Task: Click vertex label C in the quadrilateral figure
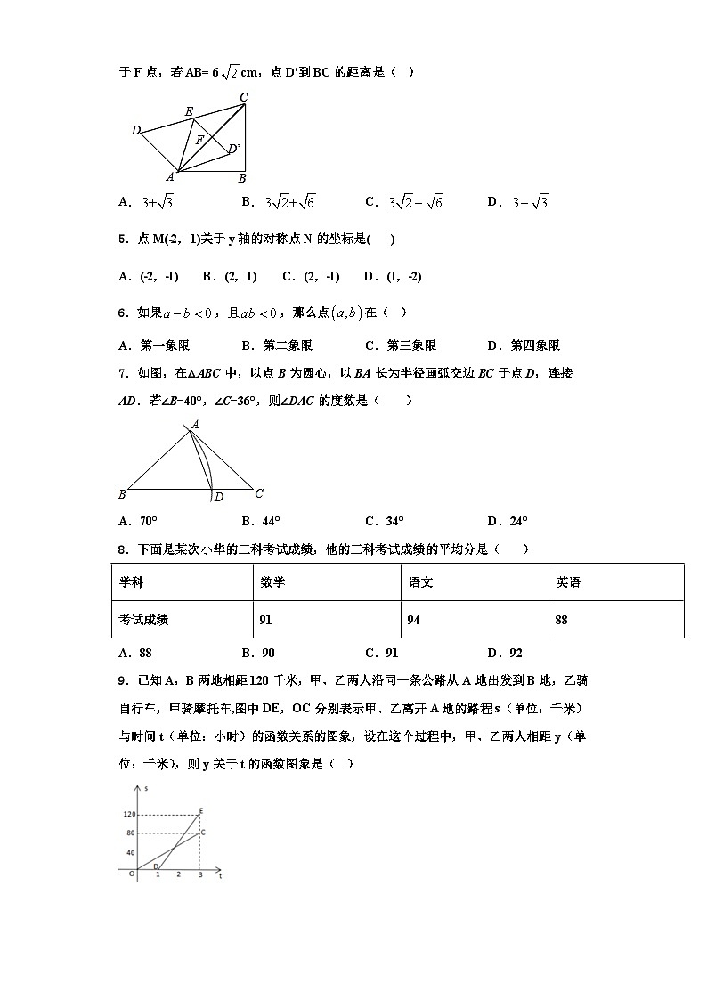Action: [x=244, y=97]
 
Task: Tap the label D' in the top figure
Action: [x=233, y=149]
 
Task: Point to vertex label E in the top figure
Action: [x=189, y=111]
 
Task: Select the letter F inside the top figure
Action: [x=200, y=140]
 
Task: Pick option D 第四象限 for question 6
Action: [x=524, y=346]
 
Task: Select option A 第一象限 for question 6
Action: [x=154, y=346]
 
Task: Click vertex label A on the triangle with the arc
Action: [x=195, y=425]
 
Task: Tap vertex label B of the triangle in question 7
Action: [x=122, y=494]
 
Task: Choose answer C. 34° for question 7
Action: [x=384, y=521]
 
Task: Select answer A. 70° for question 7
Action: [x=138, y=521]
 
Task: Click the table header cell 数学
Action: [x=272, y=582]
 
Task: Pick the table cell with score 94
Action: [x=414, y=620]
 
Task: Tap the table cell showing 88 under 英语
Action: [x=562, y=620]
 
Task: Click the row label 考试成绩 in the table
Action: [x=144, y=620]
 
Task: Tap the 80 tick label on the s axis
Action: [x=130, y=833]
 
